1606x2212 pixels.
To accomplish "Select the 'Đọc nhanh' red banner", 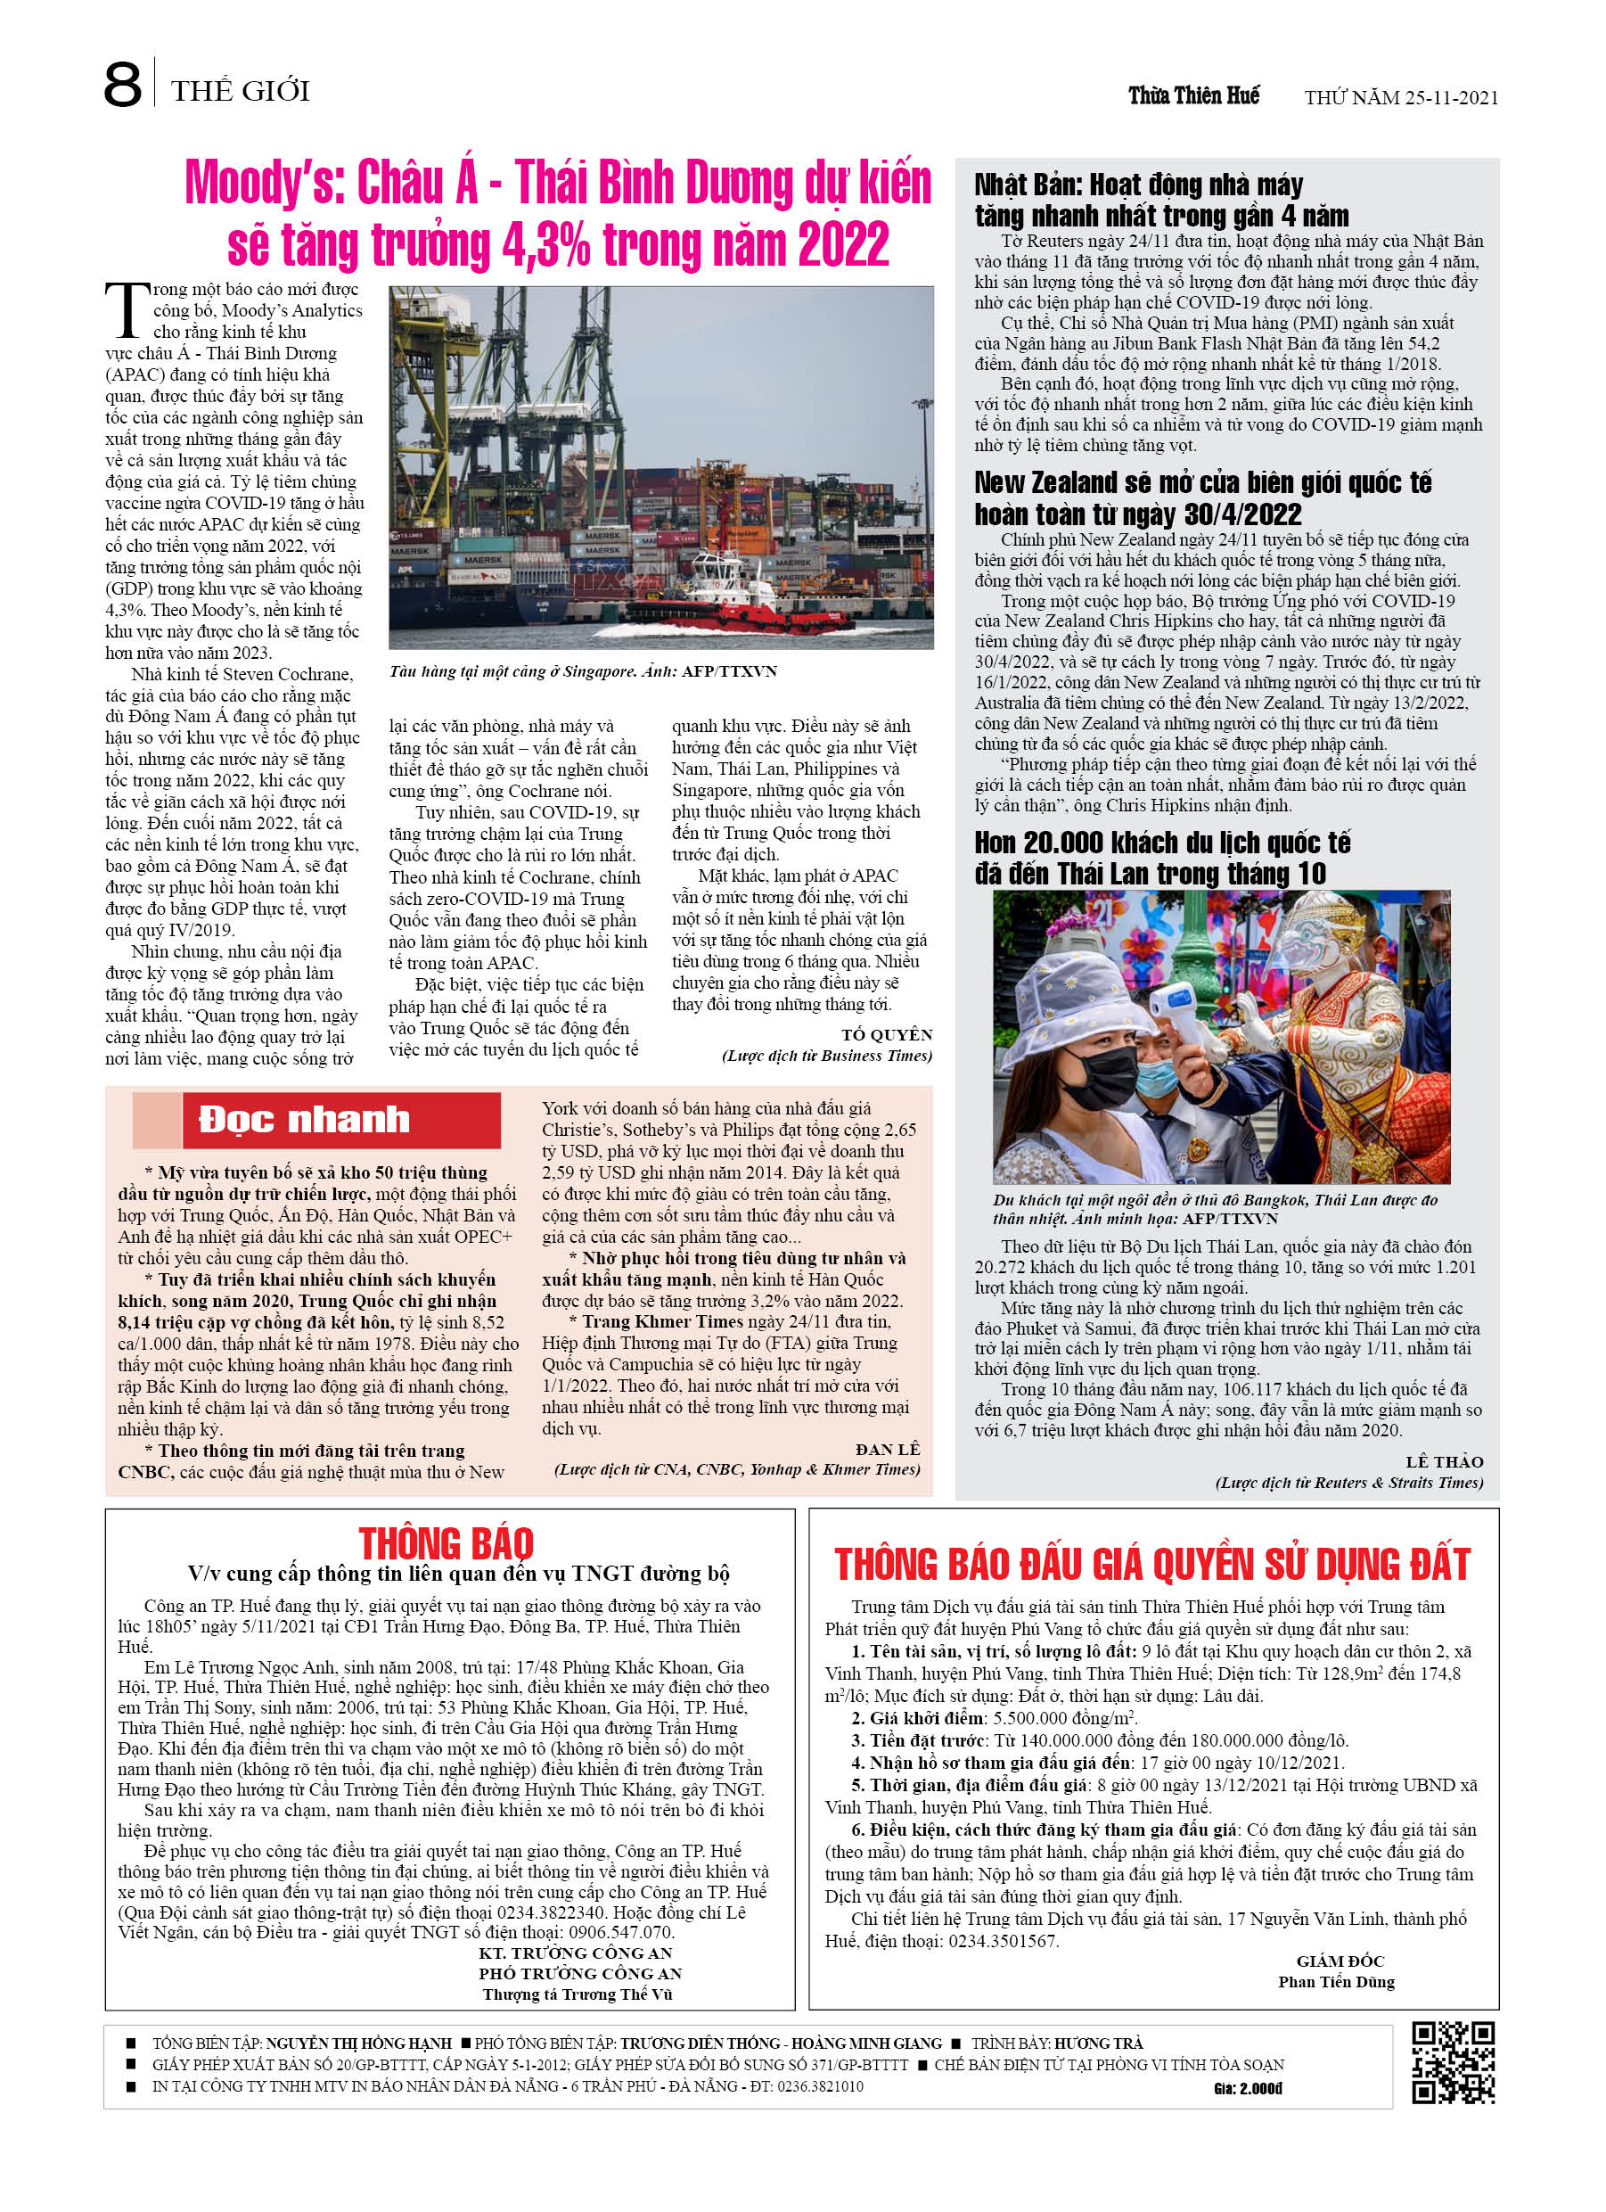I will click(x=341, y=1120).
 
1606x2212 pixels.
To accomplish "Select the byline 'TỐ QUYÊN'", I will click(x=887, y=1034).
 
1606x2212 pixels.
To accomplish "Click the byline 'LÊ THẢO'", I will click(x=1444, y=1461).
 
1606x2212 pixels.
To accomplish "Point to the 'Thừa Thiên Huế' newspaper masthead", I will click(x=1193, y=95).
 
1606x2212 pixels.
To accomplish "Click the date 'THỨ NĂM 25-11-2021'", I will click(x=1400, y=97).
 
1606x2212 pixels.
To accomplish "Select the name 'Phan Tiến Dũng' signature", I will click(x=1336, y=1982).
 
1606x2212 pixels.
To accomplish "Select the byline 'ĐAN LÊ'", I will click(x=888, y=1450).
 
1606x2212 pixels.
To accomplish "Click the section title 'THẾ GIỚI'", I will click(x=240, y=92).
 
